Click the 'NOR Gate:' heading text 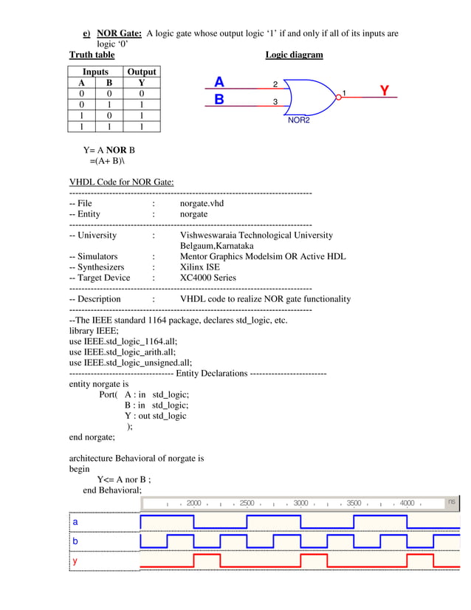(117, 33)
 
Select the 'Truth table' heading (92, 55)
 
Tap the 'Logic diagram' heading (294, 55)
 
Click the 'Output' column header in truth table (142, 72)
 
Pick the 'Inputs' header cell (95, 72)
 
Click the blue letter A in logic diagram (219, 82)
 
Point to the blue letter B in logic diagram (219, 99)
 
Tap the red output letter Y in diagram (385, 91)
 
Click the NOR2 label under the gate (298, 120)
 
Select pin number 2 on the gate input (275, 84)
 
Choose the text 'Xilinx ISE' (202, 267)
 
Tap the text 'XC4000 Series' (208, 278)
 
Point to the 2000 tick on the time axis (193, 503)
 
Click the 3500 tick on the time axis (354, 503)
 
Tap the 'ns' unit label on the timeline (451, 501)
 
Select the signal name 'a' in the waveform (75, 521)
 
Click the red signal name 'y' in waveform (75, 561)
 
